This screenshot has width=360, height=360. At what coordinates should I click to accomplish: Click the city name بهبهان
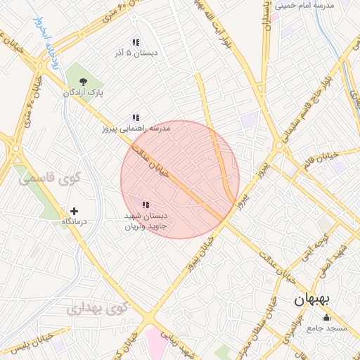309,300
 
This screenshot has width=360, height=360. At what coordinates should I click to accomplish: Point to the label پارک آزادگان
84,93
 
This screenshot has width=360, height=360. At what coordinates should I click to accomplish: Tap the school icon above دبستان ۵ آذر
135,42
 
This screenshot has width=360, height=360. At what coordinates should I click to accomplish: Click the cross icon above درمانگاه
74,210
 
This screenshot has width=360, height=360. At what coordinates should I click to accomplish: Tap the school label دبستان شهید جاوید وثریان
144,221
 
